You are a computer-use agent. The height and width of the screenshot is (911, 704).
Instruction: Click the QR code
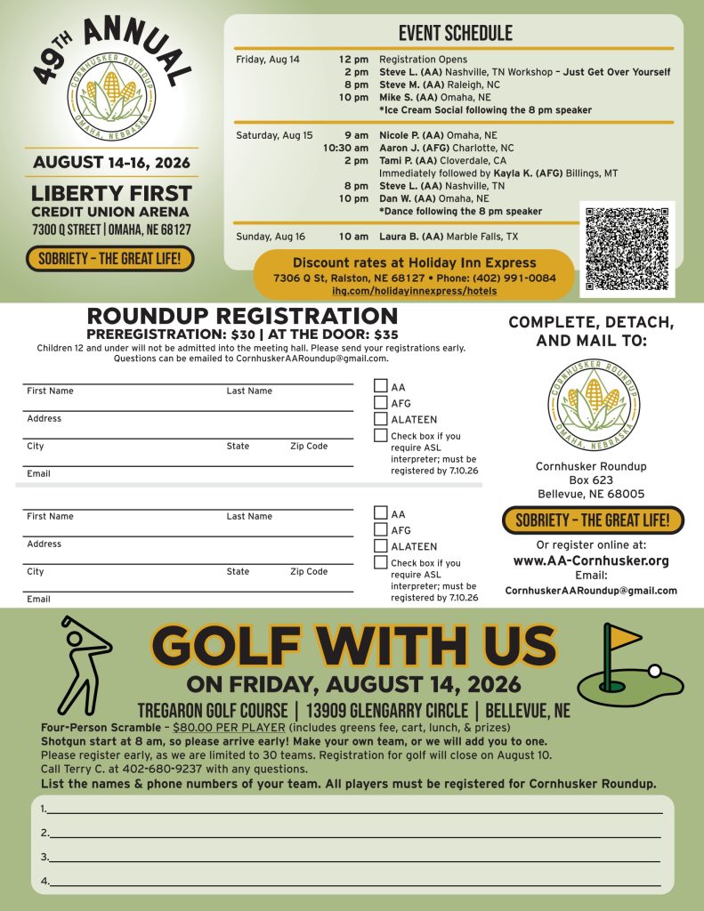(627, 250)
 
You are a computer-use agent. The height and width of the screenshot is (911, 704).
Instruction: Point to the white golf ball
(655, 671)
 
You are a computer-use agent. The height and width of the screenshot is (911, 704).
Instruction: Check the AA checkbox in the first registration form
(381, 386)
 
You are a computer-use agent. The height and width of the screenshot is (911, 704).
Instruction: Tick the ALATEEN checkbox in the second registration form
(381, 545)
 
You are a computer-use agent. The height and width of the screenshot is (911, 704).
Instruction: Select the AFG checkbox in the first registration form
(381, 402)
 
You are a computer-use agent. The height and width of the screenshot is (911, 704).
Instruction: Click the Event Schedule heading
(455, 34)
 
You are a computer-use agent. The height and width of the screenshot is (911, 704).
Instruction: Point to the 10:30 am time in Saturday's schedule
(346, 148)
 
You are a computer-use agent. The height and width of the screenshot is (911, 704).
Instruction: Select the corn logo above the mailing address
(593, 406)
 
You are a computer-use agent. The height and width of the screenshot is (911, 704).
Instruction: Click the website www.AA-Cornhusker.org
(591, 560)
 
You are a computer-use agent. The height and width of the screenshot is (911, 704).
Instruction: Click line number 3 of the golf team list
(356, 857)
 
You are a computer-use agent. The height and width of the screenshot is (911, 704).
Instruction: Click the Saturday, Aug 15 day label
(274, 135)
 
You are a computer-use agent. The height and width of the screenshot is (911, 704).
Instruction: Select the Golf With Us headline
(353, 648)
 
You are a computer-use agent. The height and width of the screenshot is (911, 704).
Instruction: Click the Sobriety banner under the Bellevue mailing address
(593, 520)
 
